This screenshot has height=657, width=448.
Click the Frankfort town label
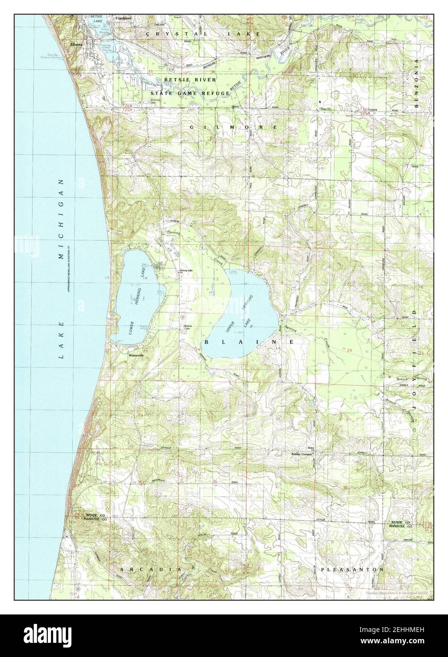(x=123, y=19)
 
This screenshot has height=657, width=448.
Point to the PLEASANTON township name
(x=352, y=570)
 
